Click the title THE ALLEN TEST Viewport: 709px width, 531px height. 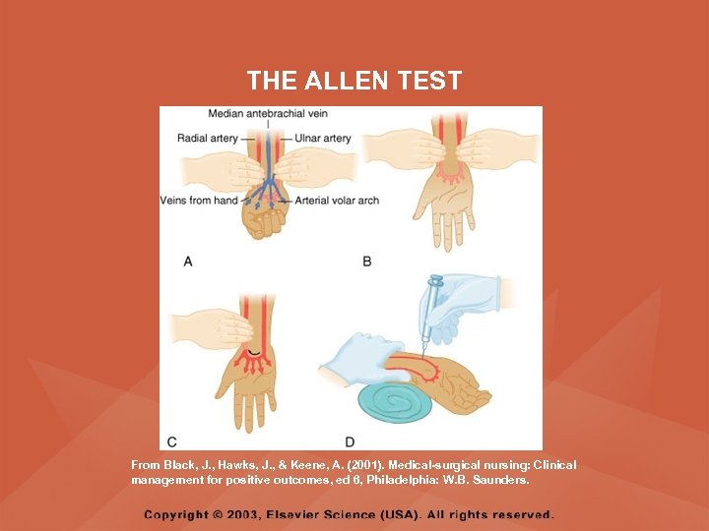click(x=354, y=81)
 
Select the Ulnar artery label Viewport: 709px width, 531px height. click(x=323, y=139)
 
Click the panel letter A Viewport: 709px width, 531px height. click(x=187, y=261)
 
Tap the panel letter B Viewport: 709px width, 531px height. click(x=367, y=261)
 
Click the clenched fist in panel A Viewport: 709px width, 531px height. click(x=261, y=222)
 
